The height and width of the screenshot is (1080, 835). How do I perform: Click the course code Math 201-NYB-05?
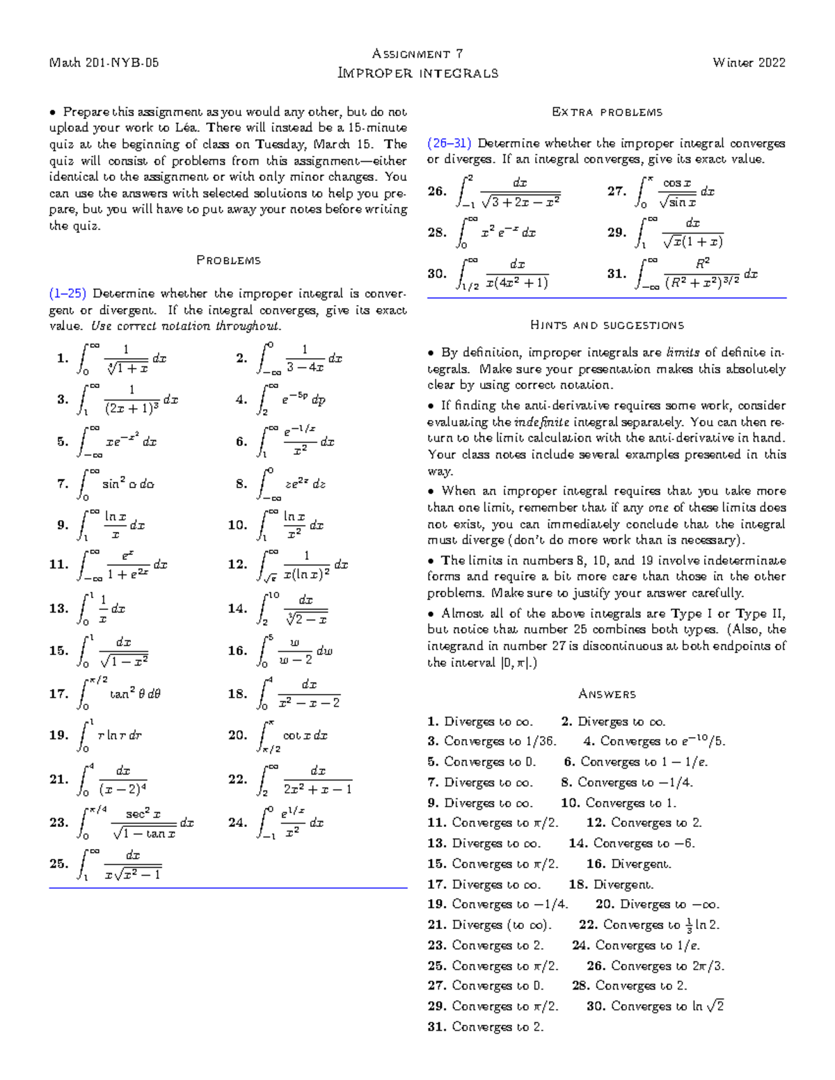coord(104,63)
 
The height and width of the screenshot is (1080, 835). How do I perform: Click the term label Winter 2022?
coord(749,63)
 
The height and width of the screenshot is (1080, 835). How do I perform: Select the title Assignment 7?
coord(417,54)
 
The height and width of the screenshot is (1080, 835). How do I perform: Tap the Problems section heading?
coord(228,260)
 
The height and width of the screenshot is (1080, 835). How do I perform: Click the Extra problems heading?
coord(607,112)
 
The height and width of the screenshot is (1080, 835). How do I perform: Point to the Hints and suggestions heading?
coord(607,325)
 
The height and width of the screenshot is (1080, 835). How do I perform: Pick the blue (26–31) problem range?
coord(450,143)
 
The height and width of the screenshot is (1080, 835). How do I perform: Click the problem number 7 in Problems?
coord(63,484)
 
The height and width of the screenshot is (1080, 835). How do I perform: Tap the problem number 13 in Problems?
coord(58,608)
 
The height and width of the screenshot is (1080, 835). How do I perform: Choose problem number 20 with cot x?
coord(237,735)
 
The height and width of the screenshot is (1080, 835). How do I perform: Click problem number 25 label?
coord(58,864)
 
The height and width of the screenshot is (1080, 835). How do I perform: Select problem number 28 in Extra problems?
coord(437,233)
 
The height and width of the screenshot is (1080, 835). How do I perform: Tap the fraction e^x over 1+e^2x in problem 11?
coord(127,565)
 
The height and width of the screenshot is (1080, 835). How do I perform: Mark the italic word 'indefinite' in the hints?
coord(541,422)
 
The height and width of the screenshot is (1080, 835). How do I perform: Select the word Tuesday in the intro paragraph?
coord(281,145)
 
